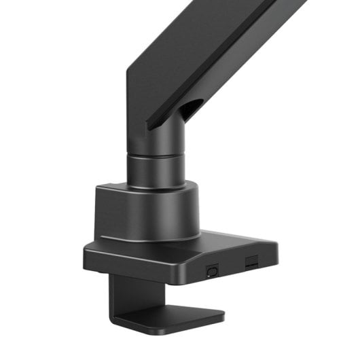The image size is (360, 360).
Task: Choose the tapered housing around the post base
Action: [x=146, y=211]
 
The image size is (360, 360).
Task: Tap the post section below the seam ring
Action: [x=158, y=172]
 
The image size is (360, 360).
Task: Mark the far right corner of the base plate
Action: [x=277, y=245]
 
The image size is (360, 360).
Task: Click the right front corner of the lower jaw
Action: [x=223, y=316]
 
